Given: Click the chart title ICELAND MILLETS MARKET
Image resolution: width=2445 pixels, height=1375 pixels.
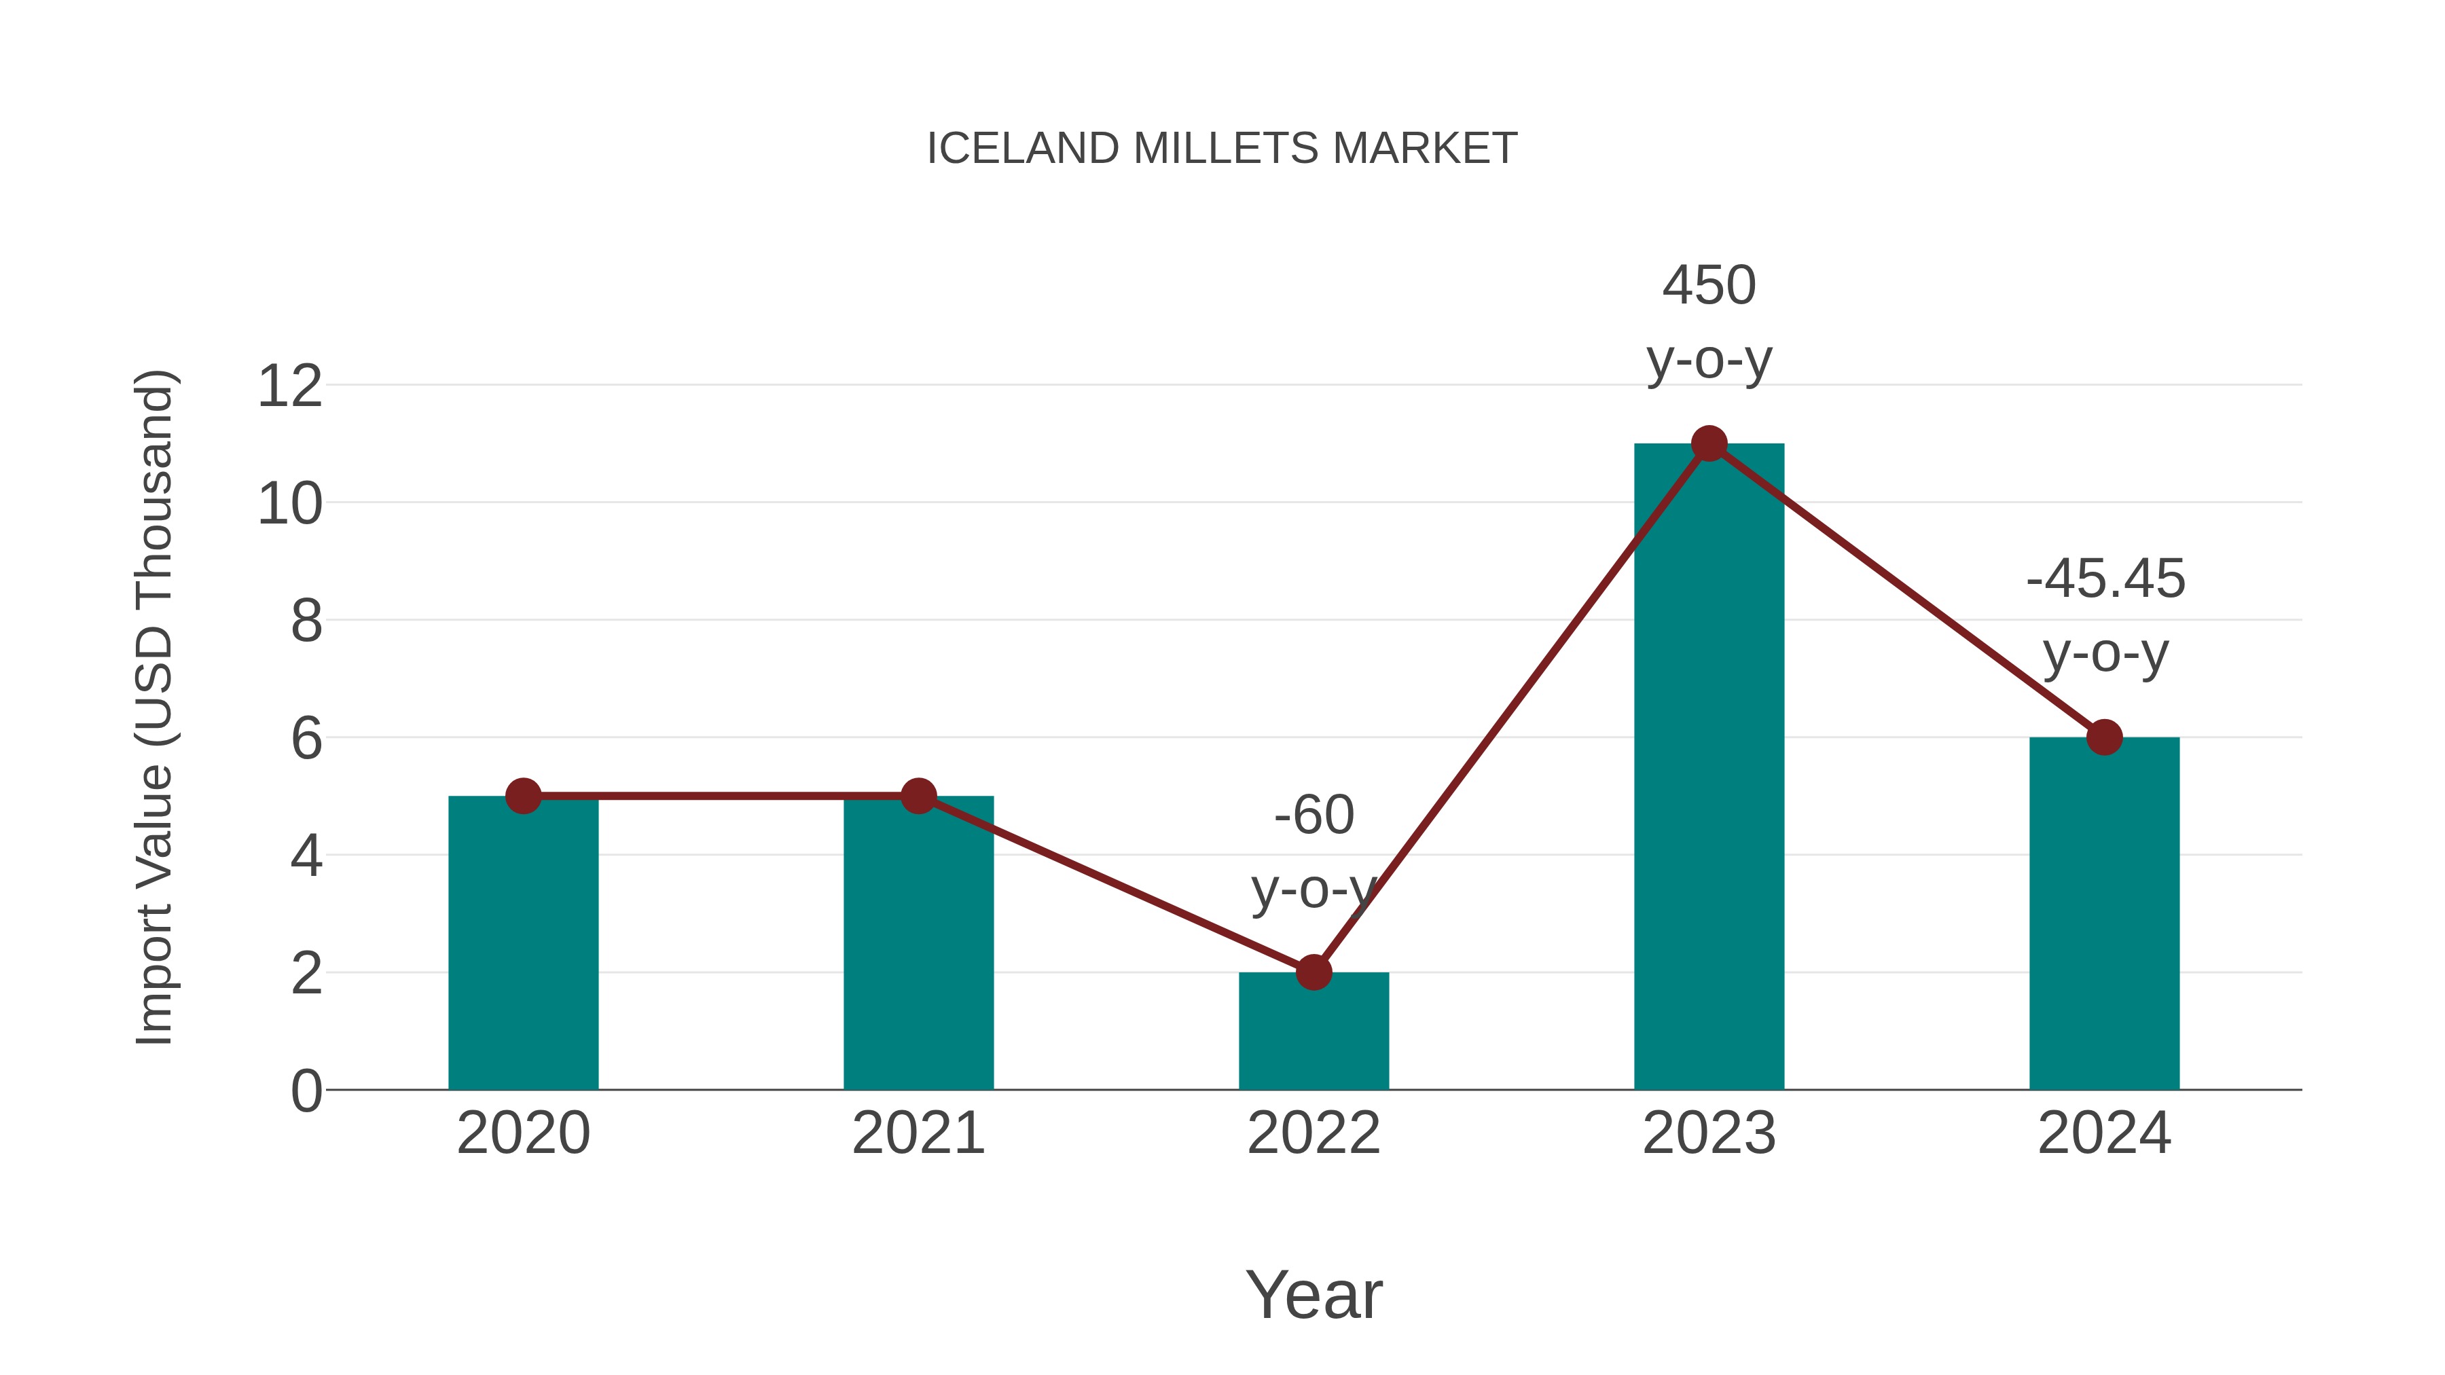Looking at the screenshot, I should tap(1222, 149).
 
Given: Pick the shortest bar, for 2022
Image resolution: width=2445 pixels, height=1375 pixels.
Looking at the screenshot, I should tap(1314, 1034).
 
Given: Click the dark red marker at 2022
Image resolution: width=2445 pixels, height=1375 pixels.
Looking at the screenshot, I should tap(1314, 972).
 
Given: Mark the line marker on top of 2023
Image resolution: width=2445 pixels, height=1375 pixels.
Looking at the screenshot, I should tap(1709, 443).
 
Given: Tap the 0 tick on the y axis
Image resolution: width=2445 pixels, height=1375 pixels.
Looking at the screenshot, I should tap(306, 1091).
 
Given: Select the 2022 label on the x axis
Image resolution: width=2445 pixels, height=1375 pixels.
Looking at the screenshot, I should tap(1314, 1133).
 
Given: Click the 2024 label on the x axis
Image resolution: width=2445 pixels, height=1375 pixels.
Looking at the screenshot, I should tap(2104, 1133).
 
